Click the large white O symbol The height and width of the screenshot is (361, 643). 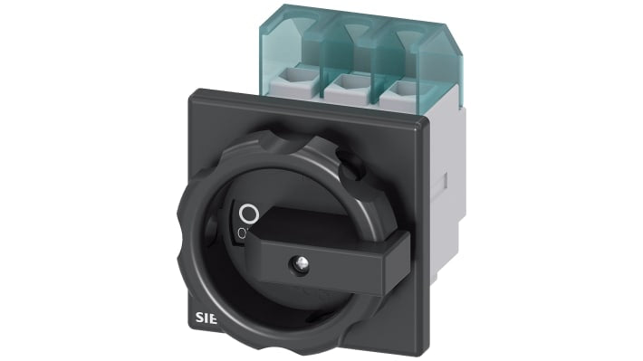click(x=250, y=214)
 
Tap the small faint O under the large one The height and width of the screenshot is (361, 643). click(x=242, y=234)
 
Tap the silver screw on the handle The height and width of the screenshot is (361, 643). click(x=296, y=265)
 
